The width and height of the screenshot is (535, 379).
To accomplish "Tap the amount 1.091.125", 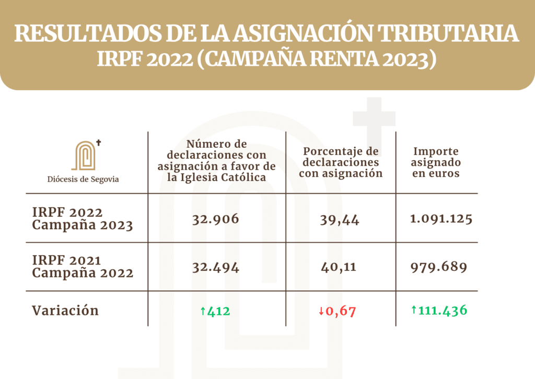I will (x=441, y=219).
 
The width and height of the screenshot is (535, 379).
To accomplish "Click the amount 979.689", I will (x=438, y=267).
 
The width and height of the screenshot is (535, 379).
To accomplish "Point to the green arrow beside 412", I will (x=203, y=312).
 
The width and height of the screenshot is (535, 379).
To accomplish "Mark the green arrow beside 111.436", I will (x=414, y=311).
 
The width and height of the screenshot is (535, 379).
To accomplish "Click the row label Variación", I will (x=65, y=311).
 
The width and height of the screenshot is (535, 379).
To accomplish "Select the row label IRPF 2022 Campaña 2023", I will (x=83, y=219).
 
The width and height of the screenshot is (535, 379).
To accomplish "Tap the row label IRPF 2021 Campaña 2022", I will (x=83, y=267).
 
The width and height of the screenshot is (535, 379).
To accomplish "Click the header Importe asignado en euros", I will (x=437, y=162).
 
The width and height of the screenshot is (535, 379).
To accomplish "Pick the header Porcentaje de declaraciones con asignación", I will (x=341, y=162).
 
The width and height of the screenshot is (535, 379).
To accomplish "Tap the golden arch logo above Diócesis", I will (x=86, y=155).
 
